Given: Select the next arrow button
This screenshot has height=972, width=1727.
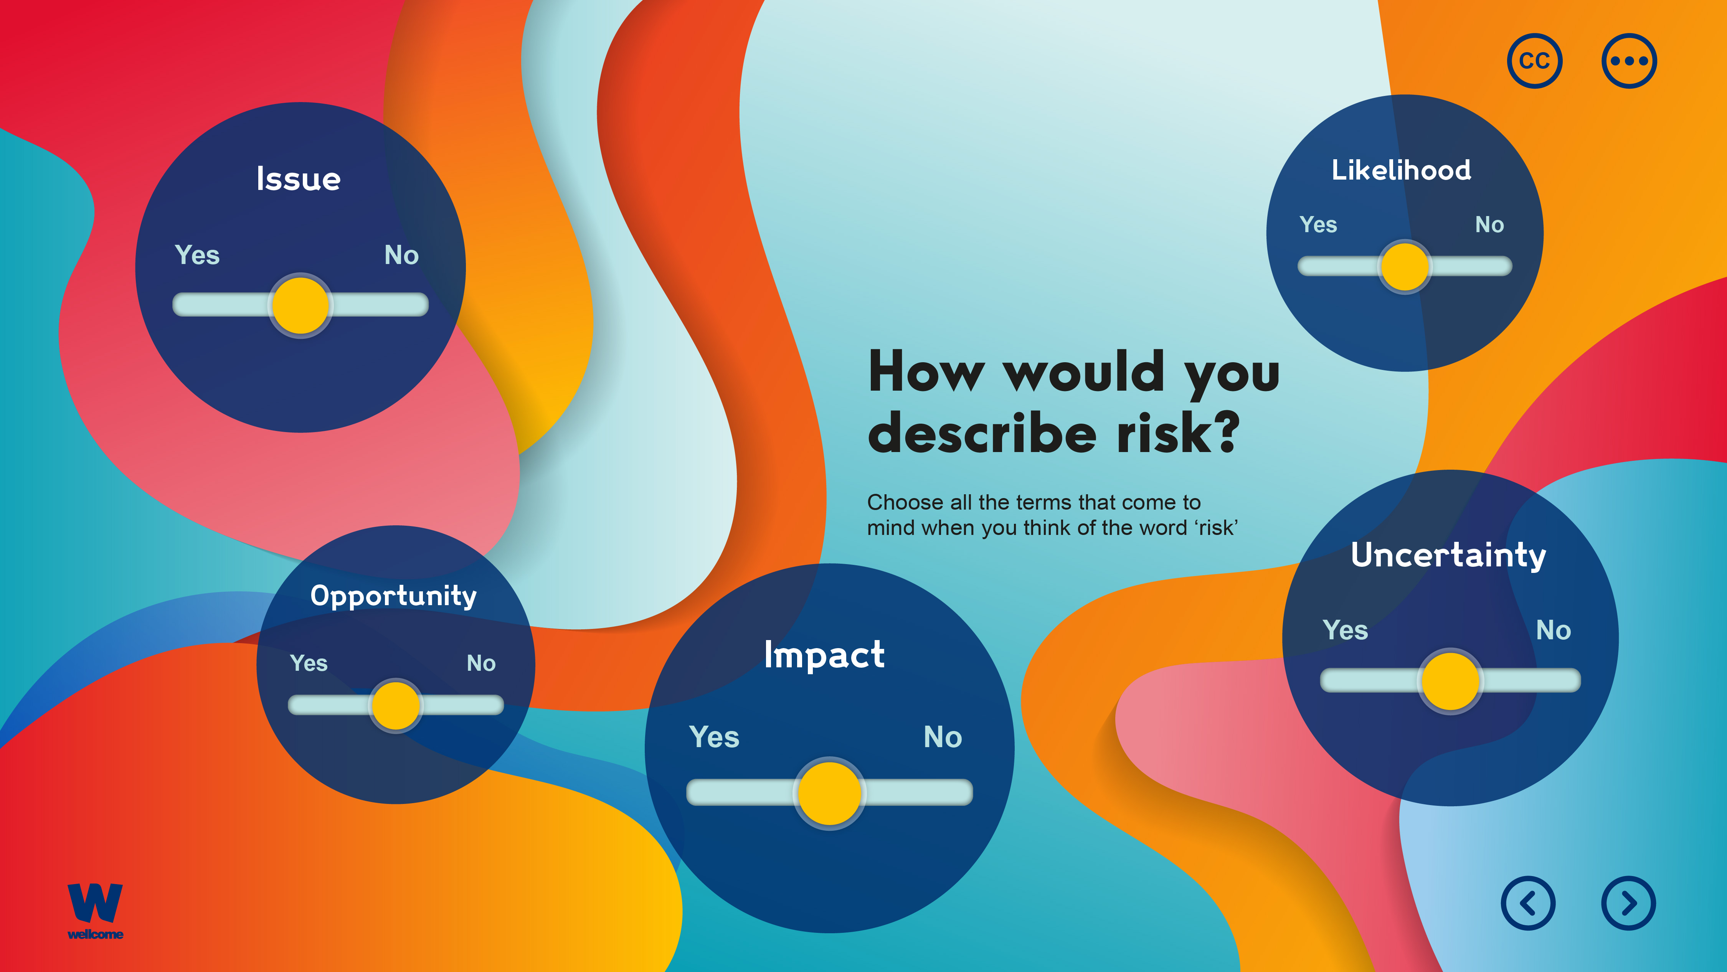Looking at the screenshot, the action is (x=1628, y=903).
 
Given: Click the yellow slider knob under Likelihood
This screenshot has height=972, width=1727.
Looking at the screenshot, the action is (x=1405, y=266).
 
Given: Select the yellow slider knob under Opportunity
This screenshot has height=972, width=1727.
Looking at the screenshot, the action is (x=396, y=705).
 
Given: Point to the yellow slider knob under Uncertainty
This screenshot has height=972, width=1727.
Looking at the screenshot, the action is (x=1450, y=680).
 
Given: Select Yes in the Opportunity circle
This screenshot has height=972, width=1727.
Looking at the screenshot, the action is (x=309, y=663).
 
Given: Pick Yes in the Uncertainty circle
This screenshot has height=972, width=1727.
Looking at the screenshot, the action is (x=1345, y=630).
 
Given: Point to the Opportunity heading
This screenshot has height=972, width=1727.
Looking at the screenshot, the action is (x=393, y=596).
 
